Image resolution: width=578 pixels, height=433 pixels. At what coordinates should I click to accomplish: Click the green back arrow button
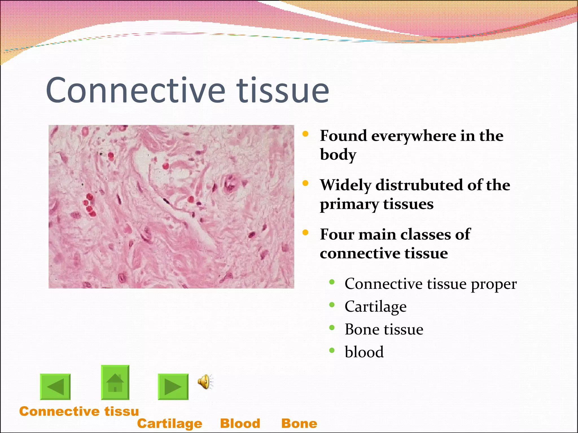click(55, 387)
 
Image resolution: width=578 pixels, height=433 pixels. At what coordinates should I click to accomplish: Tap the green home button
click(115, 383)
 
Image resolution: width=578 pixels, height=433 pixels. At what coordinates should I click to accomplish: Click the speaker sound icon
click(205, 382)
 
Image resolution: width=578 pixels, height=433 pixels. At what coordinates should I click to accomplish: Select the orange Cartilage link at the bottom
click(170, 423)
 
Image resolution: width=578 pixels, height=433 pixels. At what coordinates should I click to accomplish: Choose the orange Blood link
click(240, 423)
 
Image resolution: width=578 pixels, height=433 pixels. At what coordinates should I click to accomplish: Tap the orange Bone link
click(299, 423)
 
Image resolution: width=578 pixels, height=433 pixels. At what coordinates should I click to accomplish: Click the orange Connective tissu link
click(79, 411)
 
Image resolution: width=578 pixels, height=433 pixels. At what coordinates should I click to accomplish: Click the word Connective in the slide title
click(135, 90)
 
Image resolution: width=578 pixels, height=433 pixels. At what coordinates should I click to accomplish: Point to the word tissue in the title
click(283, 90)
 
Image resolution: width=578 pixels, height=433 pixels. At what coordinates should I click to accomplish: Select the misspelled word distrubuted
click(419, 185)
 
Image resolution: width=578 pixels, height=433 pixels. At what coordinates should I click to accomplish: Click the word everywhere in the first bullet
click(414, 136)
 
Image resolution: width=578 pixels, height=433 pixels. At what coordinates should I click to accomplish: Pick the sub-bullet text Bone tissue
click(384, 329)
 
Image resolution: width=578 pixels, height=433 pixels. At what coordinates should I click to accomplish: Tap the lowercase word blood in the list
click(364, 352)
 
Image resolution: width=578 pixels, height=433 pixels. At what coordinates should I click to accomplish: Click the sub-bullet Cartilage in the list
click(375, 307)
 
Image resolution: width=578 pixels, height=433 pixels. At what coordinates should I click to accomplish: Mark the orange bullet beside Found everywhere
click(305, 134)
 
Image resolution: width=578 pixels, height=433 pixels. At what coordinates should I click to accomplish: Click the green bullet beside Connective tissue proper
click(332, 282)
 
